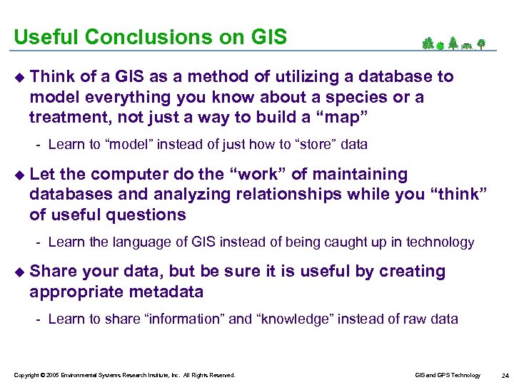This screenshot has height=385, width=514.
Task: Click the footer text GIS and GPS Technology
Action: [448, 375]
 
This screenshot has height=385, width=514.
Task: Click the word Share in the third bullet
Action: [54, 272]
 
